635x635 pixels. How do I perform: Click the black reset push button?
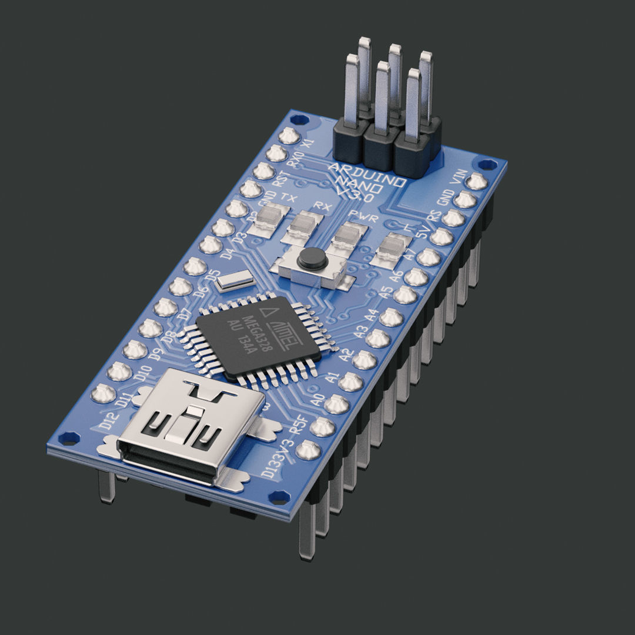(x=312, y=258)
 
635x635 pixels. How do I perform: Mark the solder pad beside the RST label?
(x=263, y=171)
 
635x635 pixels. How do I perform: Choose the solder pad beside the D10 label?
(x=120, y=371)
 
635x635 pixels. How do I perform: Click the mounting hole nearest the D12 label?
(x=69, y=438)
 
